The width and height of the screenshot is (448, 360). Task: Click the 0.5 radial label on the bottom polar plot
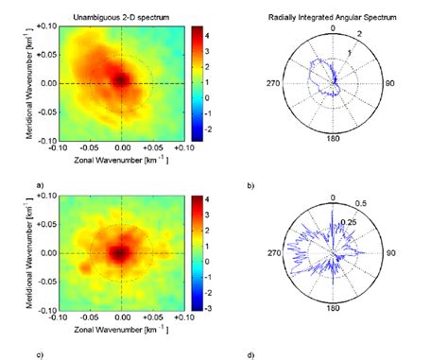pos(363,201)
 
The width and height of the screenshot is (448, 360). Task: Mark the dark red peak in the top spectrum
pos(121,78)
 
